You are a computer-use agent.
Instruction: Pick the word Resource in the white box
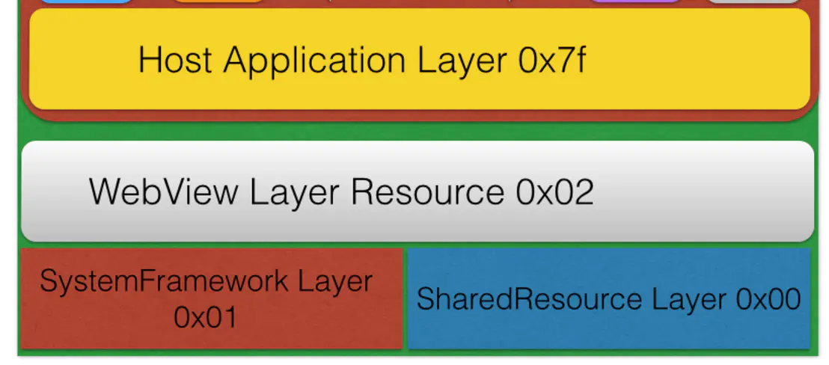click(427, 192)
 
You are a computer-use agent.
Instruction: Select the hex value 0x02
click(554, 192)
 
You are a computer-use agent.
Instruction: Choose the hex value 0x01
click(205, 317)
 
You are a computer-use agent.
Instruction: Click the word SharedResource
click(529, 299)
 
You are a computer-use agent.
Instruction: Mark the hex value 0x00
click(769, 299)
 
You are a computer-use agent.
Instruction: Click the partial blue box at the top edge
click(86, 2)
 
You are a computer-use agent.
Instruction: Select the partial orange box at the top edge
click(218, 2)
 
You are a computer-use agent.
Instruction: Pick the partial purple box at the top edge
click(636, 2)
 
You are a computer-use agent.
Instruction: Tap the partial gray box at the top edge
click(753, 2)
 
